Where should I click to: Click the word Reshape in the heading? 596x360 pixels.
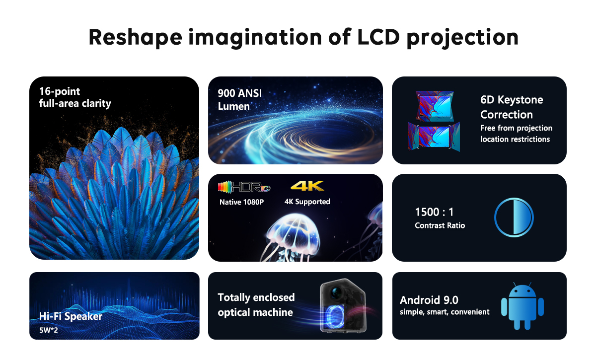(x=135, y=38)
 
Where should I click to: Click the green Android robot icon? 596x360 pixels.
(x=522, y=306)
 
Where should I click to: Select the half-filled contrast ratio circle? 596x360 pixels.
(x=514, y=217)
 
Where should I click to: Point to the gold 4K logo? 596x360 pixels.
(x=307, y=186)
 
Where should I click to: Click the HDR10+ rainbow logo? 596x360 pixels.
(x=244, y=187)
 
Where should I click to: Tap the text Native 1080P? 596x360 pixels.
(x=241, y=202)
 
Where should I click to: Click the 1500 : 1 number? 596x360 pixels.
(x=434, y=212)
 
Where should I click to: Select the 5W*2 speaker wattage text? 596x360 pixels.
(x=49, y=330)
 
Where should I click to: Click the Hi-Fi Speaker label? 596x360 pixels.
(x=71, y=316)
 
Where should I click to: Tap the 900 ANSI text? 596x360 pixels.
(x=240, y=93)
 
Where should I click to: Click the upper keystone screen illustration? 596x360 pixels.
(x=435, y=106)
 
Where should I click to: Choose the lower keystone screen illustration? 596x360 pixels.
(x=434, y=137)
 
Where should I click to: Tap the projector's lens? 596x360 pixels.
(x=337, y=292)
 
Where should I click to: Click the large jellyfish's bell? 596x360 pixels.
(x=294, y=230)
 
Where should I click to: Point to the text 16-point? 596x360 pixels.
(x=59, y=92)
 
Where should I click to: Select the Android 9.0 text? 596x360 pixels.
(x=429, y=300)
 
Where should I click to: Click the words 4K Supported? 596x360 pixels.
(x=307, y=202)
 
